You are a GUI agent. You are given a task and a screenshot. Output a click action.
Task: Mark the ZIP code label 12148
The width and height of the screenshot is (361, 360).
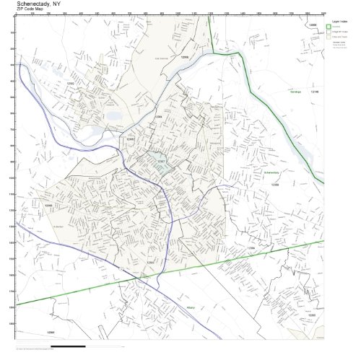click(x=314, y=92)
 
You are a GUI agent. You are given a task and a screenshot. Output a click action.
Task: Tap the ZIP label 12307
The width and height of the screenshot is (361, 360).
click(x=162, y=162)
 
